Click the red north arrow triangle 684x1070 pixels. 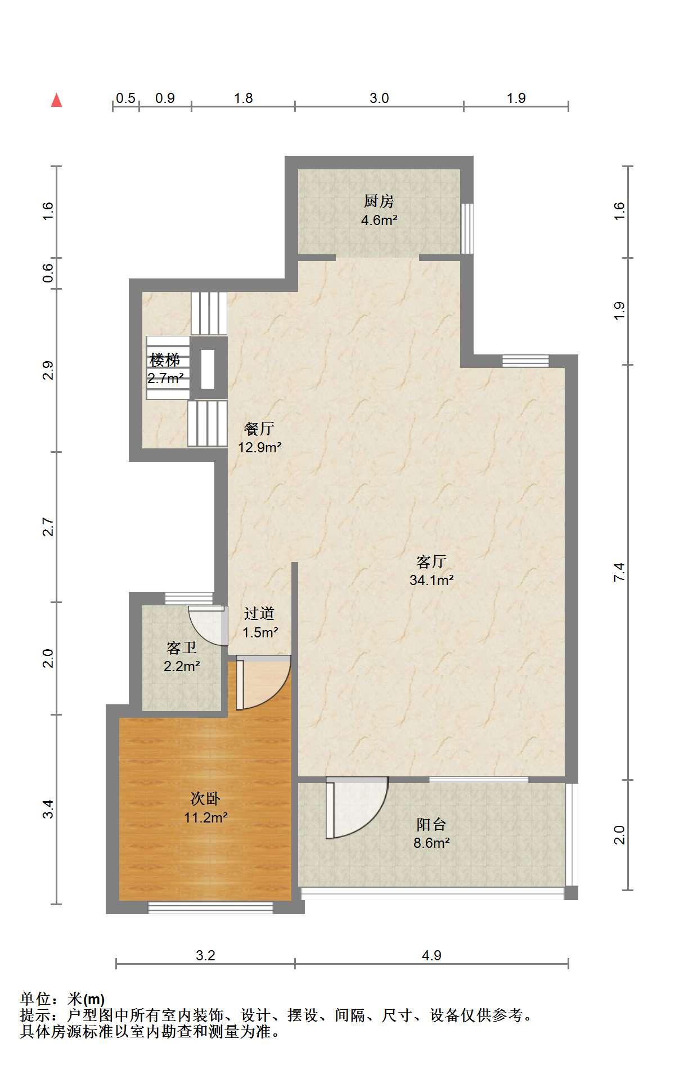point(56,100)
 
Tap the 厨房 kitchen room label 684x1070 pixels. point(379,201)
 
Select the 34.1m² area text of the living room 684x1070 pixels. point(431,580)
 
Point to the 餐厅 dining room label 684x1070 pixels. point(259,429)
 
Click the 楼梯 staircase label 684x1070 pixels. point(165,359)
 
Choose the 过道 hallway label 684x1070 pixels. point(259,613)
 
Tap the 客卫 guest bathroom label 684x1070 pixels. point(182,648)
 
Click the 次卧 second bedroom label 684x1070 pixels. point(205,798)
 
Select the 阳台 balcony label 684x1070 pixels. point(431,825)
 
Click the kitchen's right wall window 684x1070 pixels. point(467,228)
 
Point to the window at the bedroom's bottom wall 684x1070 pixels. point(210,907)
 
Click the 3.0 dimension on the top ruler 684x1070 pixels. point(379,98)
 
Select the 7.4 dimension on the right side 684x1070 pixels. point(619,572)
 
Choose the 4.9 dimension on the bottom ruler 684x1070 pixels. point(431,955)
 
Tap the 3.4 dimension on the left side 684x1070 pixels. point(48,808)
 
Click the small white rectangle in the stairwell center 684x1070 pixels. point(208,369)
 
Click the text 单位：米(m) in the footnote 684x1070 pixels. point(62,999)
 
